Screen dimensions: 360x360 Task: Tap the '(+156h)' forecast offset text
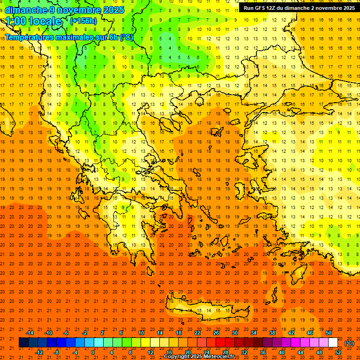(83, 21)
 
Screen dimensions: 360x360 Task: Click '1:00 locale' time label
(33, 21)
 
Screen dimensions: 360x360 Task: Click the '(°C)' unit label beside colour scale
(349, 343)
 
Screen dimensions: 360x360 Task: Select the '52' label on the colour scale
(338, 352)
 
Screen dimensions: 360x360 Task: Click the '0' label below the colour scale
(93, 352)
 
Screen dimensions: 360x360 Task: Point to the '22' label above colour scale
(197, 333)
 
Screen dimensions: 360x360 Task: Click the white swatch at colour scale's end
(333, 343)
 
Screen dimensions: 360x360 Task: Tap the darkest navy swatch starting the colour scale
(23, 343)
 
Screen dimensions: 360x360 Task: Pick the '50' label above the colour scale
(329, 333)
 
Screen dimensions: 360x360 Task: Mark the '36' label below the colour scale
(263, 352)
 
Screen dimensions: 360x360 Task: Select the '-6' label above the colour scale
(67, 333)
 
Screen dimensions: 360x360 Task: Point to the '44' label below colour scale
(300, 352)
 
